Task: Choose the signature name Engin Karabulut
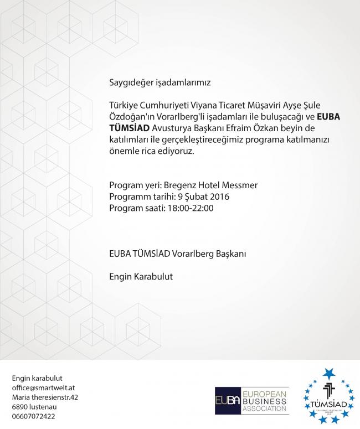141,276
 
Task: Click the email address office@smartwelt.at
44,387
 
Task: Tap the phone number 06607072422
33,416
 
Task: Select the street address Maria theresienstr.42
45,397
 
